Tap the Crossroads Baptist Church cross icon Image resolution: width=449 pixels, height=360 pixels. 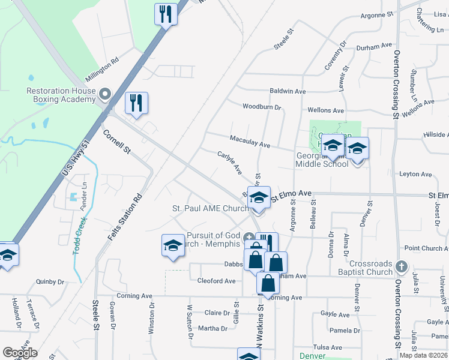coord(402,265)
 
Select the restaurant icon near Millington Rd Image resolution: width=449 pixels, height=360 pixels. coord(136,103)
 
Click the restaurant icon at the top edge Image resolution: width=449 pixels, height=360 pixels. coord(165,13)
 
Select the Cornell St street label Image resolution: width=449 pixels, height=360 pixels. coord(116,142)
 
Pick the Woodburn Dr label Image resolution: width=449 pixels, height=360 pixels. coord(262,107)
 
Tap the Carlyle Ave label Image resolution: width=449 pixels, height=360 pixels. coord(229,163)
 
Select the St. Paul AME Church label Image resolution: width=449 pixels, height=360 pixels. coord(210,208)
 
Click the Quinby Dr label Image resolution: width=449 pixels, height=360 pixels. coord(50,281)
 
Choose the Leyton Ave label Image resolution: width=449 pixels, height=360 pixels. coord(416,175)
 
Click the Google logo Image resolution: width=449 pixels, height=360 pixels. coord(20,353)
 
